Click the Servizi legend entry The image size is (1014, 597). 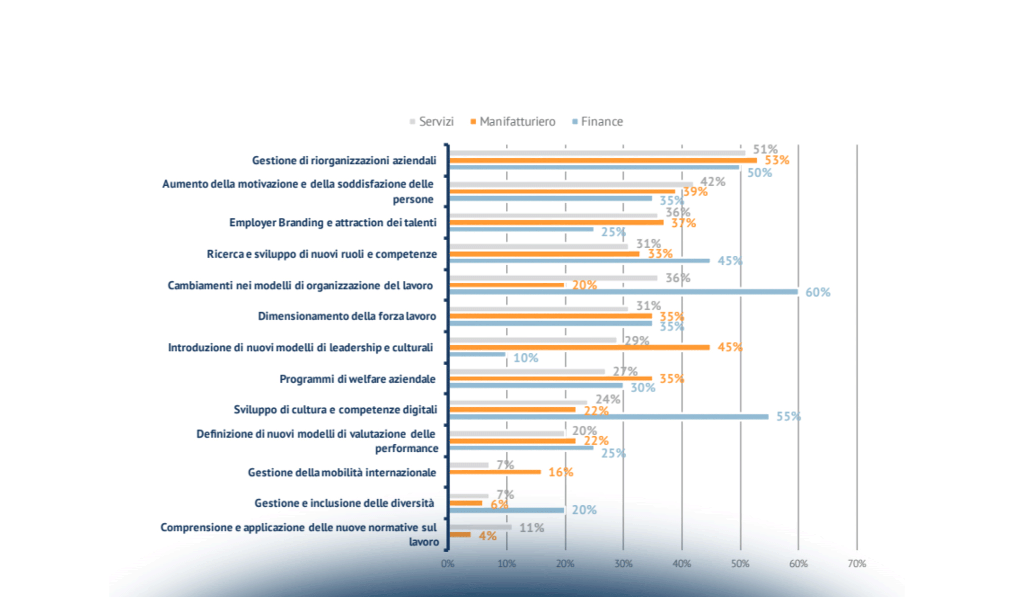click(432, 122)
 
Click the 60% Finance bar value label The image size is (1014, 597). click(818, 293)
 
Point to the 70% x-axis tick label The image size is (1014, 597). click(856, 564)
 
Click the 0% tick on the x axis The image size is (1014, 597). click(447, 564)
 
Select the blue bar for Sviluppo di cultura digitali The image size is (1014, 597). click(609, 417)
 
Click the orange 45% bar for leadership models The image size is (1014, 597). click(580, 347)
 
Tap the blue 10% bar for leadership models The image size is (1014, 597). click(477, 355)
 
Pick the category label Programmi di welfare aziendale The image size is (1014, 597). click(357, 379)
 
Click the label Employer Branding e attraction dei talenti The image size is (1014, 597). click(333, 223)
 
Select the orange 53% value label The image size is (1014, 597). click(776, 160)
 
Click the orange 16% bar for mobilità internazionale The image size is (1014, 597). click(495, 472)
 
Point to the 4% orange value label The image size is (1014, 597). click(487, 536)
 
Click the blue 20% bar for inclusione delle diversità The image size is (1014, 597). click(507, 510)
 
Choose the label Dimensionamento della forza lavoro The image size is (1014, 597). click(346, 316)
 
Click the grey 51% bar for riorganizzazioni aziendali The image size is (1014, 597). click(597, 153)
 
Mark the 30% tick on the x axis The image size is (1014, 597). click(623, 564)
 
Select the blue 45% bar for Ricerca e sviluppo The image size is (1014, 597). click(580, 261)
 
